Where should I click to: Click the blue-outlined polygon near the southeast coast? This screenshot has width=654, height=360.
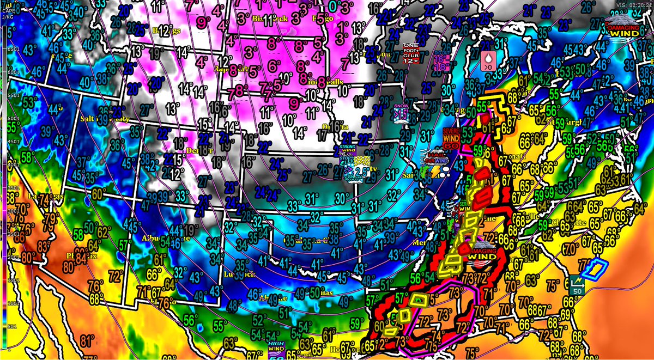coord(596,269)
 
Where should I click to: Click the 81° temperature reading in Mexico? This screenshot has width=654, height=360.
coord(86,341)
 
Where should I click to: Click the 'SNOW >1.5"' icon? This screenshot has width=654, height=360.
coord(401,113)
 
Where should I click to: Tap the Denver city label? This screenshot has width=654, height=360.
coord(204,149)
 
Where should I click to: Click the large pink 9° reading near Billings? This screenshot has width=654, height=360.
coord(204,23)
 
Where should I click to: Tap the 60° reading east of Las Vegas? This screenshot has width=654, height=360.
coord(98,194)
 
